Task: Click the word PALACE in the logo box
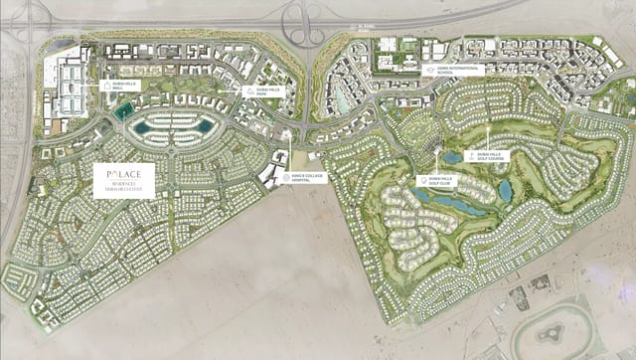tap(124, 171)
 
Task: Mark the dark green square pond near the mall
tap(123, 112)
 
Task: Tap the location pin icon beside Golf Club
tap(423, 180)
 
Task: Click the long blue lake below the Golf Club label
tap(457, 204)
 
